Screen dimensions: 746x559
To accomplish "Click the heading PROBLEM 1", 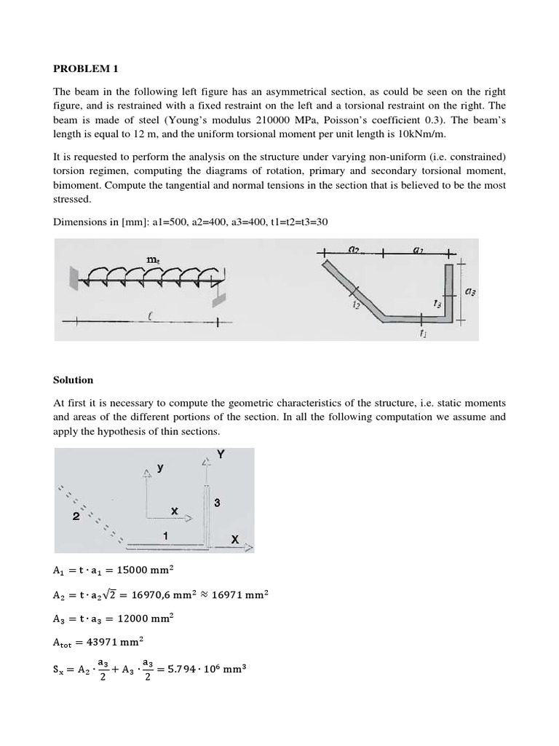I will [85, 69].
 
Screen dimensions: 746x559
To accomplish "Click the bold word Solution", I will [73, 380].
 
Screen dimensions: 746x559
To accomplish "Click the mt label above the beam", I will [153, 259].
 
